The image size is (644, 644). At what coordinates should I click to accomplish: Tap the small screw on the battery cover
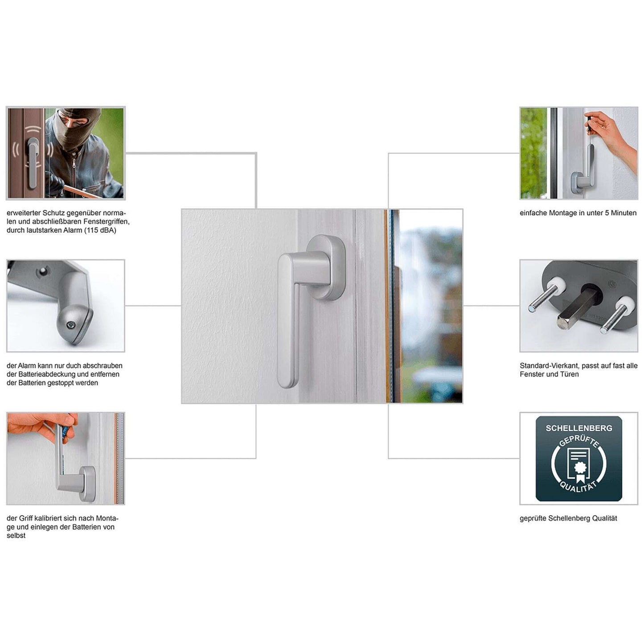70,325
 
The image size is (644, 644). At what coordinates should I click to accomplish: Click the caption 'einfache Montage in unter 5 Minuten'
578,213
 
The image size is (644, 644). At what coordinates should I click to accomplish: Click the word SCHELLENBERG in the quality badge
579,428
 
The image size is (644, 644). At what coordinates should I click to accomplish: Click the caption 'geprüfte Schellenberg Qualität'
568,518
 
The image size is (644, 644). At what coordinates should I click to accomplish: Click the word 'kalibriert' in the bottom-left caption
49,518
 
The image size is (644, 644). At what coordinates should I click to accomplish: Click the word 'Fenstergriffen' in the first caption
107,222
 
